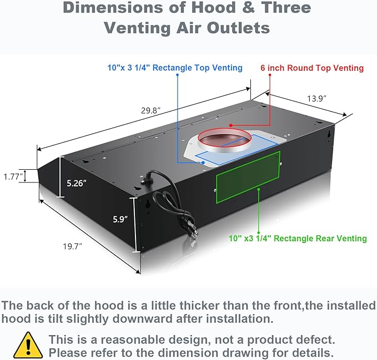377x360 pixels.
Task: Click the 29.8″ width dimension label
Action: pos(150,111)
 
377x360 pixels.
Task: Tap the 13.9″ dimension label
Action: pos(316,99)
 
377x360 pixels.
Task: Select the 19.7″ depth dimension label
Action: pos(72,246)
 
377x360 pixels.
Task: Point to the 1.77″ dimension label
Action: pos(13,177)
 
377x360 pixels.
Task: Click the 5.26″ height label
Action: pos(77,183)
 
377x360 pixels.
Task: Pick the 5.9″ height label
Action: pos(120,219)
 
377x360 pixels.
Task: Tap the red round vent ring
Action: pos(224,130)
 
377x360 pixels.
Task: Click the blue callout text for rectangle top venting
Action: pos(175,68)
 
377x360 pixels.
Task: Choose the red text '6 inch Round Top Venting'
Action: pos(312,68)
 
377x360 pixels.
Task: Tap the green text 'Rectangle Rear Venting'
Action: pos(320,239)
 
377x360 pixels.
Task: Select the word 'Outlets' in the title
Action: pos(238,28)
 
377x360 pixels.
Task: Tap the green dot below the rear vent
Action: pos(259,189)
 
